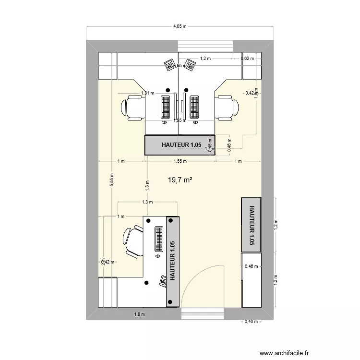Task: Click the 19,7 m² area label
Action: (180, 180)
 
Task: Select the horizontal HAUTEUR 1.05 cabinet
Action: (180, 145)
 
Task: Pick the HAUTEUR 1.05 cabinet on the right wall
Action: (251, 224)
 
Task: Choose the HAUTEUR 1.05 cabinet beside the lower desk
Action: (172, 261)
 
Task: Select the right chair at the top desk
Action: (227, 107)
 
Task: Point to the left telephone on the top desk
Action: (169, 65)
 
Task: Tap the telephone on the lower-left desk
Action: (162, 279)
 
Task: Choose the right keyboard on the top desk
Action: (194, 107)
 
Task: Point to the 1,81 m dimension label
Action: (147, 93)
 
